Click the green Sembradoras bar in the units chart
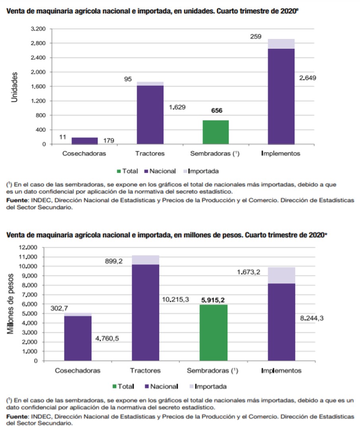[215, 132]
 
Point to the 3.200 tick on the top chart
[38, 29]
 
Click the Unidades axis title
[15, 87]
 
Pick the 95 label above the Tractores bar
[128, 79]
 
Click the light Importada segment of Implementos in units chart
[281, 44]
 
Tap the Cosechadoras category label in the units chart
[84, 153]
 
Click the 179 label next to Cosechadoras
[109, 140]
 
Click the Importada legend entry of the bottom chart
[207, 386]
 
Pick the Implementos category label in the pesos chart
[281, 370]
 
